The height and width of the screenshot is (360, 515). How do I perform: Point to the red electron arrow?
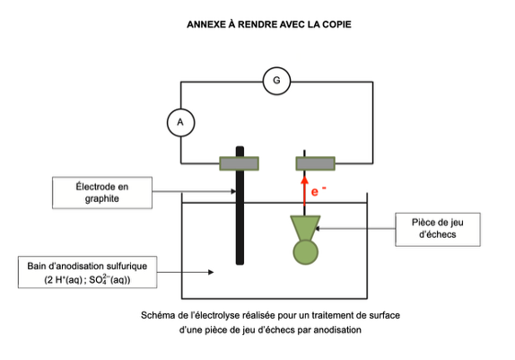305,191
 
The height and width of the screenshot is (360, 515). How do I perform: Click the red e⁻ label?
319,191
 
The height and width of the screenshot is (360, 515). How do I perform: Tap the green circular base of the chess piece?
305,252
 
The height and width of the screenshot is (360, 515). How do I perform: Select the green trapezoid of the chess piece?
305,228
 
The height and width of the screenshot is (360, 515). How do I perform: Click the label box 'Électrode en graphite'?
102,193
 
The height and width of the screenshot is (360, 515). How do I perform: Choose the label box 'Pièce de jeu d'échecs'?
438,229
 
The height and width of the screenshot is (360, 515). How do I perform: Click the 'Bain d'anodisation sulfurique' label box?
87,272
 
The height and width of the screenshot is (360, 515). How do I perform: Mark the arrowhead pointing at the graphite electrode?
233,191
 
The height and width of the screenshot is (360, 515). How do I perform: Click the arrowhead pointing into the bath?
211,272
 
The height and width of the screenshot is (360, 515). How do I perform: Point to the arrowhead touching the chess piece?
318,229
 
